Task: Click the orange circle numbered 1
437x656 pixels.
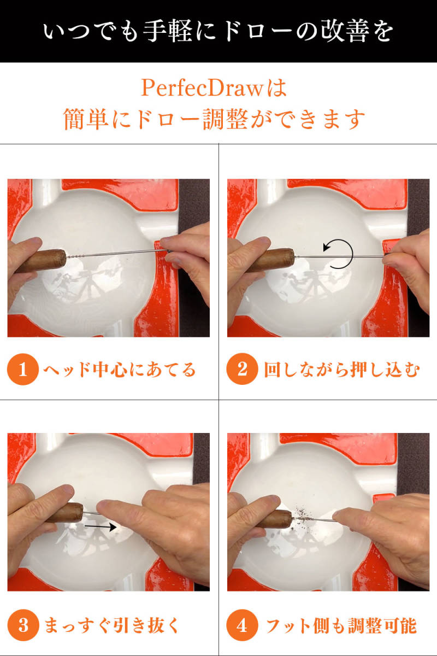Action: tap(23, 370)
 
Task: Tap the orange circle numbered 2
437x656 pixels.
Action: tap(242, 369)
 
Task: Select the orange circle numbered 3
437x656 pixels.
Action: tap(23, 625)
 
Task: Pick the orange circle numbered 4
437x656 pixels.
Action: tap(242, 625)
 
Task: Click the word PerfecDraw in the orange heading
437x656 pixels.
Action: tap(202, 88)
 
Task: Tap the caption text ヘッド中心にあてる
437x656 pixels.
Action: tap(120, 370)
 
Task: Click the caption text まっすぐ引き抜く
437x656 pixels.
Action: tap(111, 625)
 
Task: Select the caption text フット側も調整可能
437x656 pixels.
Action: tap(341, 625)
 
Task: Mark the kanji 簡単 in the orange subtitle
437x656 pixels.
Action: tap(86, 119)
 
